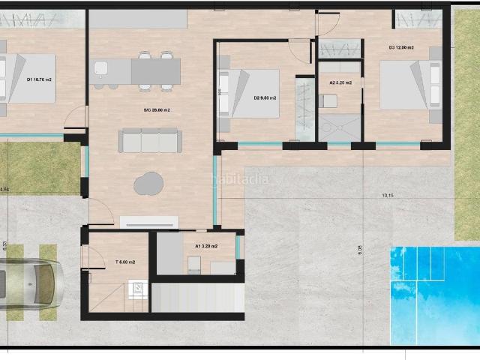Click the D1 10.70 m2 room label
tap(40, 79)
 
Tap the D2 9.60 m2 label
tap(265, 97)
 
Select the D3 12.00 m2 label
tap(401, 47)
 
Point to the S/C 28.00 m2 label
tap(157, 110)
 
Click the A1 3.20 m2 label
tap(206, 246)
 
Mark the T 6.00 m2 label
tap(124, 262)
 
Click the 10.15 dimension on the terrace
tap(388, 196)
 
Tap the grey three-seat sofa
tap(151, 140)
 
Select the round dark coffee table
tap(148, 182)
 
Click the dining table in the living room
tap(156, 71)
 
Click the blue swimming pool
tap(434, 292)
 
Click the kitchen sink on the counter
tap(101, 71)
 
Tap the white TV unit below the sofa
tap(149, 222)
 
